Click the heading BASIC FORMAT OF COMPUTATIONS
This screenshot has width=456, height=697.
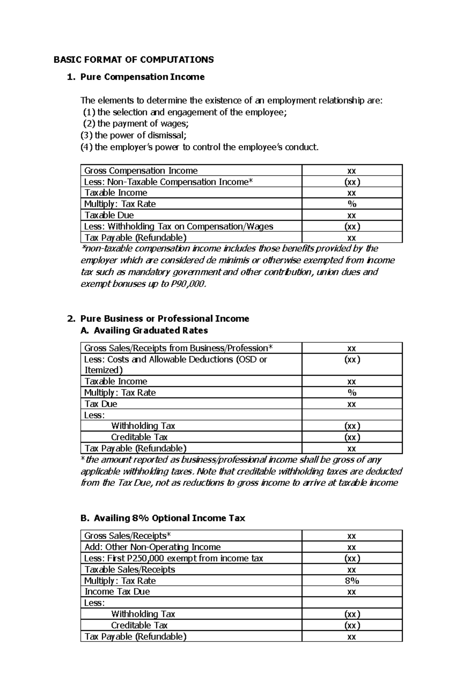pos(133,60)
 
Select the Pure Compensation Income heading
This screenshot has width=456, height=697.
pos(142,77)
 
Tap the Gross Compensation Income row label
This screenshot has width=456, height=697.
pos(141,171)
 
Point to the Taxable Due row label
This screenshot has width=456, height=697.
pos(109,215)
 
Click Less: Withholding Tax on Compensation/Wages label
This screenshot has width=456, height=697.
pos(179,226)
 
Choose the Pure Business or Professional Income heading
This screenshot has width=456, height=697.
pos(165,319)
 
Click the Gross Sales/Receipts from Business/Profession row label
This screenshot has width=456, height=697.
pos(178,348)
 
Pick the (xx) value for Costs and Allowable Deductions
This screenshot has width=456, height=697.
pos(352,359)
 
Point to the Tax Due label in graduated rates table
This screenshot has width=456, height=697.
pos(101,404)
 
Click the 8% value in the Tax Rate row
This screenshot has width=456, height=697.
pos(352,581)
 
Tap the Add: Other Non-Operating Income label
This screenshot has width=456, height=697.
pos(152,547)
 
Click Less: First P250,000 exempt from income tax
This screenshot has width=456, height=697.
pos(174,558)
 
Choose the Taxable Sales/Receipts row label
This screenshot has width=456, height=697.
pos(130,569)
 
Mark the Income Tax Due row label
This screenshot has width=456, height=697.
pos(117,591)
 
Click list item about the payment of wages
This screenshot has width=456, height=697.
pos(136,123)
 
